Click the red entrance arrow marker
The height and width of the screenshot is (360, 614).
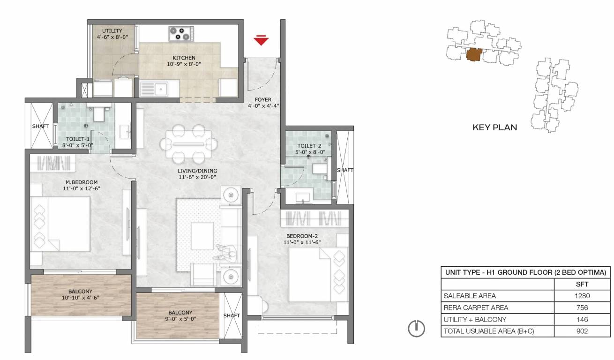tap(261, 40)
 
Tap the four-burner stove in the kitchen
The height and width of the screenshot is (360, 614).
tap(181, 34)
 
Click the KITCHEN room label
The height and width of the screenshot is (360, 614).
tap(184, 58)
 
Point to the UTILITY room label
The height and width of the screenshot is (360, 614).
tap(112, 31)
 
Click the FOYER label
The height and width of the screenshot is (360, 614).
tap(263, 99)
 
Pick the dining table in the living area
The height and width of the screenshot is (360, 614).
tap(188, 144)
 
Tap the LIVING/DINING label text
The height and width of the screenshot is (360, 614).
tap(197, 171)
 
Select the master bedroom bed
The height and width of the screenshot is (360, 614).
tap(60, 224)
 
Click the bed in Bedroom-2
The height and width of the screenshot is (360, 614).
tap(318, 275)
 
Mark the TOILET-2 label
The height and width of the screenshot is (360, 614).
tap(309, 146)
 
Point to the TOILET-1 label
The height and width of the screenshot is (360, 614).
tap(78, 139)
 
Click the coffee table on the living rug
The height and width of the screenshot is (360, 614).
tap(202, 236)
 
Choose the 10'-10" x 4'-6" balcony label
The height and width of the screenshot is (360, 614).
tap(80, 298)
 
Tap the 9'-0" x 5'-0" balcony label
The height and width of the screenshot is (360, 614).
tap(180, 319)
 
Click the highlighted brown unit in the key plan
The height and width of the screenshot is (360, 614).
tap(474, 54)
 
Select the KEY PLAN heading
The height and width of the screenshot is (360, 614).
tap(495, 127)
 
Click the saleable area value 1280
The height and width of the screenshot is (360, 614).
tap(582, 296)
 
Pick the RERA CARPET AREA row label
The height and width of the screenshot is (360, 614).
tap(476, 307)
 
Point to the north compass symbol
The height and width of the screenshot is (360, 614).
tap(416, 328)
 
